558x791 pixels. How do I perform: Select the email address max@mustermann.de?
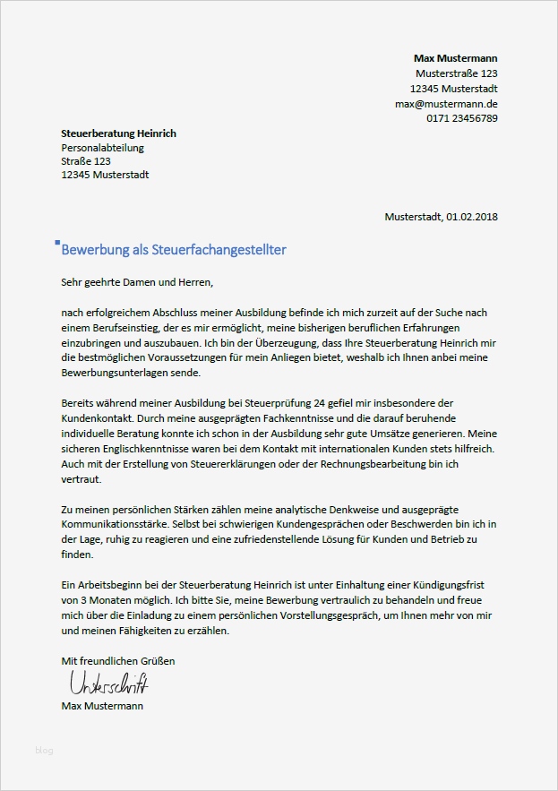coord(446,104)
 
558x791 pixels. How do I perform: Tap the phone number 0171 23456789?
coord(462,118)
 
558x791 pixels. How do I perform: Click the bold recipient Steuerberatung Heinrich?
coord(118,133)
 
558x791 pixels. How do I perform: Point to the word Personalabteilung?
coord(102,148)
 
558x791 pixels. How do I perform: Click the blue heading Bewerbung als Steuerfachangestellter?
coord(174,250)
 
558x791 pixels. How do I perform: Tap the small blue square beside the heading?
coord(57,242)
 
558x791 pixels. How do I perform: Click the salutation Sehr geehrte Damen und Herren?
coord(138,283)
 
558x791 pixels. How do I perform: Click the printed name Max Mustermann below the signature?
coord(101,706)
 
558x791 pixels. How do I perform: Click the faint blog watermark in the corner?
coord(44,749)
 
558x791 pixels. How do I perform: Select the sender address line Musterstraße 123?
coord(457,73)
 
